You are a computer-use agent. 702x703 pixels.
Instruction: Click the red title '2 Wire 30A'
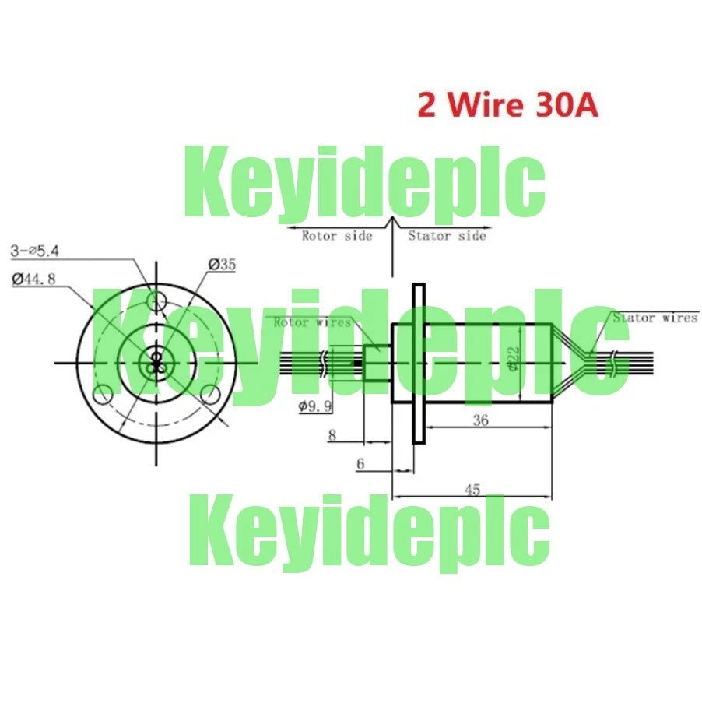[x=507, y=105]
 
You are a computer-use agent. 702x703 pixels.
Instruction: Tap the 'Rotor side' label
[x=337, y=235]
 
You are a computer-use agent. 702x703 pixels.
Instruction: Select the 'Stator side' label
[x=448, y=235]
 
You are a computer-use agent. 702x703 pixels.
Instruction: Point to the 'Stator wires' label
[x=655, y=318]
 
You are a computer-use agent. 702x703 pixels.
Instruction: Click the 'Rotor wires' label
[x=311, y=322]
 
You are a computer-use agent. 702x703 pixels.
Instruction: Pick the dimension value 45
[x=472, y=490]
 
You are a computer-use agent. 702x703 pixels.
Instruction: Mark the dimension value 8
[x=332, y=435]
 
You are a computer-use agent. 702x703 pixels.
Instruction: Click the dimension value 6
[x=360, y=464]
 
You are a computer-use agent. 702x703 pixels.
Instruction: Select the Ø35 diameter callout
[x=222, y=265]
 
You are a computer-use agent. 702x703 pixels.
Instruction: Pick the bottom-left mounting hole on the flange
[x=103, y=395]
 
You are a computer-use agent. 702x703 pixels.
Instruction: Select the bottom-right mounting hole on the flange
[x=210, y=395]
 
